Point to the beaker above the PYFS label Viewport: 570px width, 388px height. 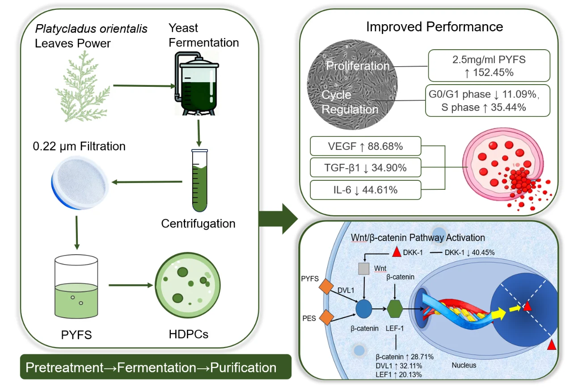click(x=76, y=286)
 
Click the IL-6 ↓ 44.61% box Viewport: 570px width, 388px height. click(x=365, y=190)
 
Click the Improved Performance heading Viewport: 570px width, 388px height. click(x=434, y=26)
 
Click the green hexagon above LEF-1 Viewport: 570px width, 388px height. click(x=395, y=308)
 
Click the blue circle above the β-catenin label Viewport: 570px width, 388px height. click(x=364, y=308)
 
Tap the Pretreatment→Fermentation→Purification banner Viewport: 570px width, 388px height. click(x=151, y=368)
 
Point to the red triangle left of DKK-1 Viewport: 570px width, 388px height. click(x=396, y=252)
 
